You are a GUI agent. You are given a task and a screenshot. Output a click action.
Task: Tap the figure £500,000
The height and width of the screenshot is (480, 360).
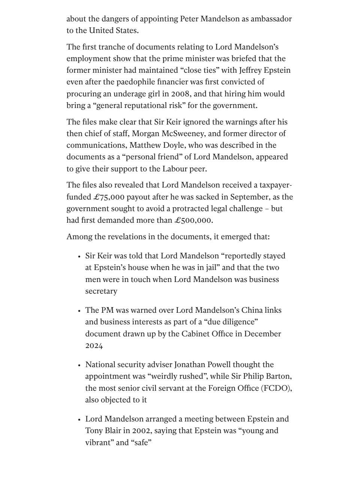pos(193,220)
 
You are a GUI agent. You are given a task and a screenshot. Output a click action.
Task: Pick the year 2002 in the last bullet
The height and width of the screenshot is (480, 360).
pos(142,431)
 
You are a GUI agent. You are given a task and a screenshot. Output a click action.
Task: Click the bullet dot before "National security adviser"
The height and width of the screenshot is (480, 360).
pos(79,365)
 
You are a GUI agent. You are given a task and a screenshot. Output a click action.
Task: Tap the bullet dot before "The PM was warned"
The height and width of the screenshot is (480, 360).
pos(79,311)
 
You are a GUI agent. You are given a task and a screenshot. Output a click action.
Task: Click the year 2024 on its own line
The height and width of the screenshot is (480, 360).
pos(94,346)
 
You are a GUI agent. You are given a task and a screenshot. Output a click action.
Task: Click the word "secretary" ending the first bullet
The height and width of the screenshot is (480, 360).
pos(101,291)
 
